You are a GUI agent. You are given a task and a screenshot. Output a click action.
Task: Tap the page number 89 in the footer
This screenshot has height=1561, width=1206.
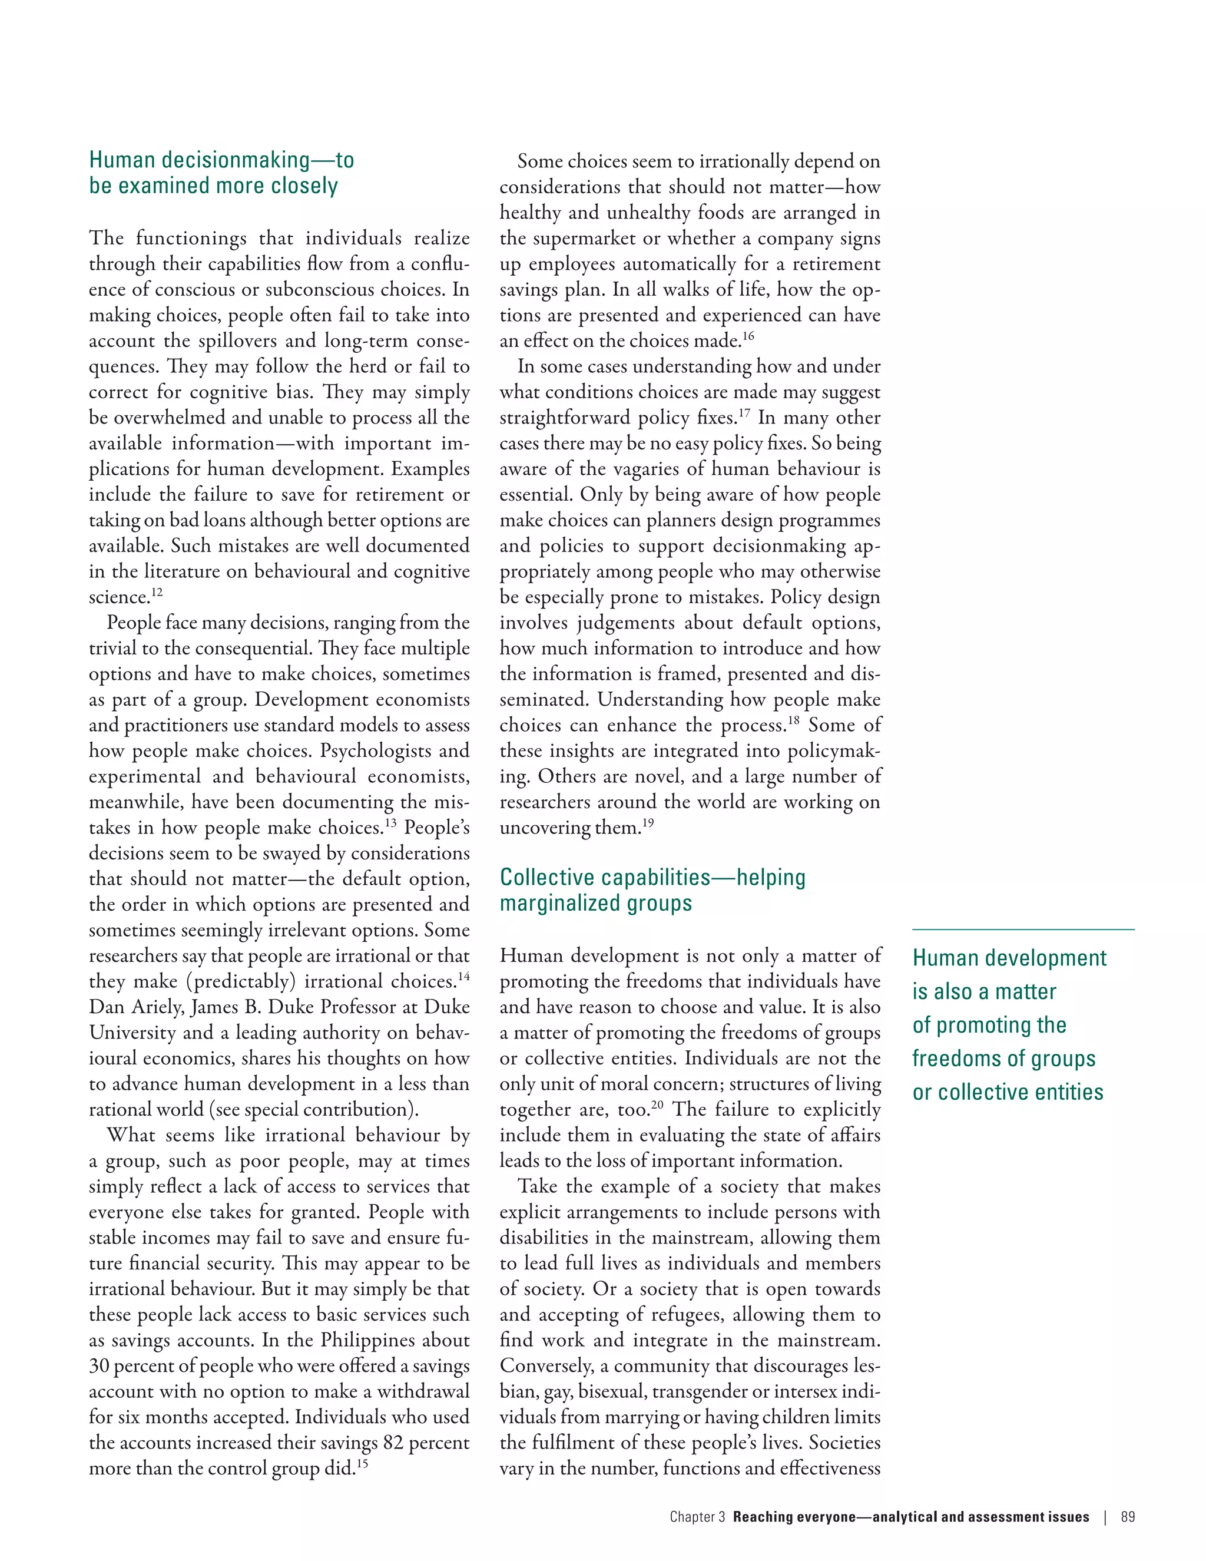pyautogui.click(x=1128, y=1517)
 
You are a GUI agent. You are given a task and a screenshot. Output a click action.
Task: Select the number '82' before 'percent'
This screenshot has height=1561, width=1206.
pyautogui.click(x=393, y=1443)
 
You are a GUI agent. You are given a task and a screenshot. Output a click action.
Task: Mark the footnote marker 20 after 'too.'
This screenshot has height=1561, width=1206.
pyautogui.click(x=657, y=1104)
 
